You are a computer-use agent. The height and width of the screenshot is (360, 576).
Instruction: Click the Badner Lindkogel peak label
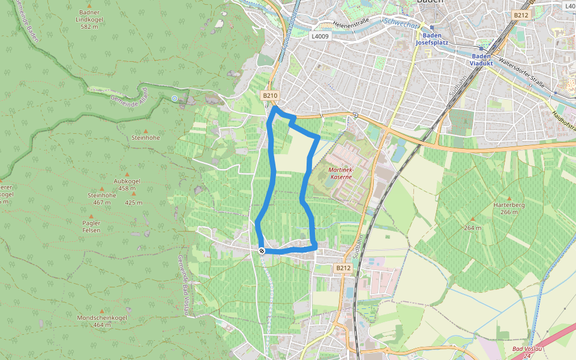click(89, 19)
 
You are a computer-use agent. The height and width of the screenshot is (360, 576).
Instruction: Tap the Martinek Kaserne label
click(341, 174)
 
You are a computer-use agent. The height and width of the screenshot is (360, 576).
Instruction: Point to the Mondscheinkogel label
click(102, 321)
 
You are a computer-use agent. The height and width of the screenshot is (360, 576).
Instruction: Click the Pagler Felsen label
click(91, 226)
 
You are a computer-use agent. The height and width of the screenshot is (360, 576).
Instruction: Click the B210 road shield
click(270, 95)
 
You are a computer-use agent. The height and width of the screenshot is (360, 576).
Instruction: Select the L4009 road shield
click(319, 36)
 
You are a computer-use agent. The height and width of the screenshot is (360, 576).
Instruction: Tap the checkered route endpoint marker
click(262, 251)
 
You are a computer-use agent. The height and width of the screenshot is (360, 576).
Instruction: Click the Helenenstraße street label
click(351, 25)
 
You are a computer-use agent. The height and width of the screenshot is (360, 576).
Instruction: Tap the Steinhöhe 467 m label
click(101, 199)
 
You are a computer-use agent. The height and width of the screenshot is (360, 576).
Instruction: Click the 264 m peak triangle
click(472, 220)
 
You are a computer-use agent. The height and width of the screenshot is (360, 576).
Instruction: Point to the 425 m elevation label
click(133, 203)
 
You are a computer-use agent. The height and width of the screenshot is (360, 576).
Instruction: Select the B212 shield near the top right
click(520, 15)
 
